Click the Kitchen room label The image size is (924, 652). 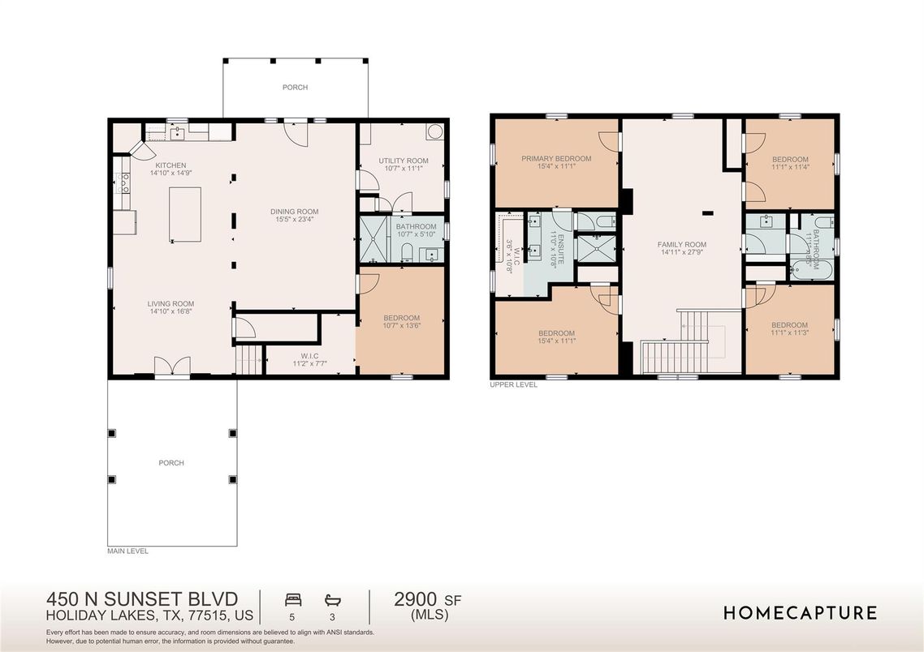(171, 165)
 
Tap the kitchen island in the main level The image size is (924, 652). (184, 214)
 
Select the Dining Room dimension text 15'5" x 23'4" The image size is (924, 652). (294, 220)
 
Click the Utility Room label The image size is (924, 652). (403, 161)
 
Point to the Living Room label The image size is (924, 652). (171, 303)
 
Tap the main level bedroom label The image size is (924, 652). (401, 317)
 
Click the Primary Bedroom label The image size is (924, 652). (556, 159)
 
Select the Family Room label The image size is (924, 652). (682, 244)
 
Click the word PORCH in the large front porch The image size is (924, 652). (171, 463)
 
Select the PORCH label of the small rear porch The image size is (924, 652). (295, 88)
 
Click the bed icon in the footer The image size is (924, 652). (293, 599)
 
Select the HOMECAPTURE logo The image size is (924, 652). (800, 612)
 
